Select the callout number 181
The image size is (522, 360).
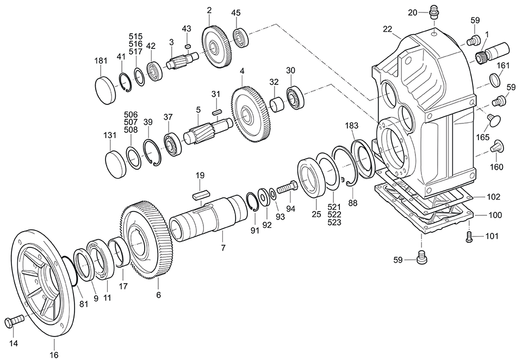click(x=101, y=61)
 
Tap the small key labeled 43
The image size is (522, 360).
click(x=188, y=46)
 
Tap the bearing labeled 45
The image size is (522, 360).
click(x=241, y=38)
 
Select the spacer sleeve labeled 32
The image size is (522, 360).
click(x=277, y=104)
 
